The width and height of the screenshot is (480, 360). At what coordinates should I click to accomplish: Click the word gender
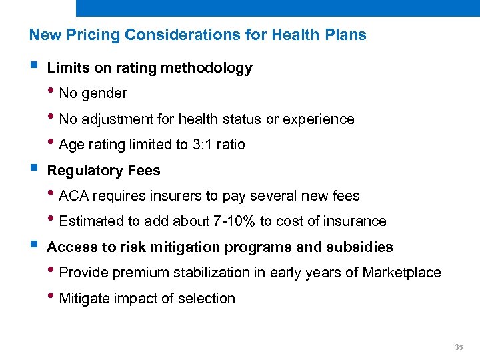[103, 93]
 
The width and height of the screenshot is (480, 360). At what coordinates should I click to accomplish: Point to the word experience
[319, 119]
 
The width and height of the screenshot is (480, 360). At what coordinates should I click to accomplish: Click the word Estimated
[89, 221]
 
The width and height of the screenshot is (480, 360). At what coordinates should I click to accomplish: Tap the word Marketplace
[401, 273]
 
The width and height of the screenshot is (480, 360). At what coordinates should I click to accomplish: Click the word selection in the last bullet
[207, 299]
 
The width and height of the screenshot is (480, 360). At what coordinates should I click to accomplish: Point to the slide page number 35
[458, 347]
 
